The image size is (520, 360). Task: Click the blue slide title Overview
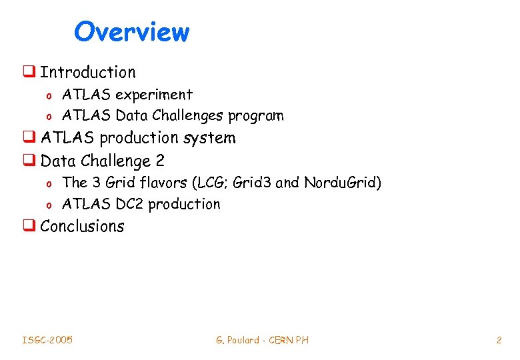[131, 31]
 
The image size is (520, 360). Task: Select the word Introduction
[87, 72]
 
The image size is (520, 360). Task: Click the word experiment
[154, 95]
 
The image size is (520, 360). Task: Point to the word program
[255, 116]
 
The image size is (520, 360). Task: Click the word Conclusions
[82, 226]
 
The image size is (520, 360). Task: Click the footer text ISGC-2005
[47, 340]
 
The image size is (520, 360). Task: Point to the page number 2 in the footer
[499, 340]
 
